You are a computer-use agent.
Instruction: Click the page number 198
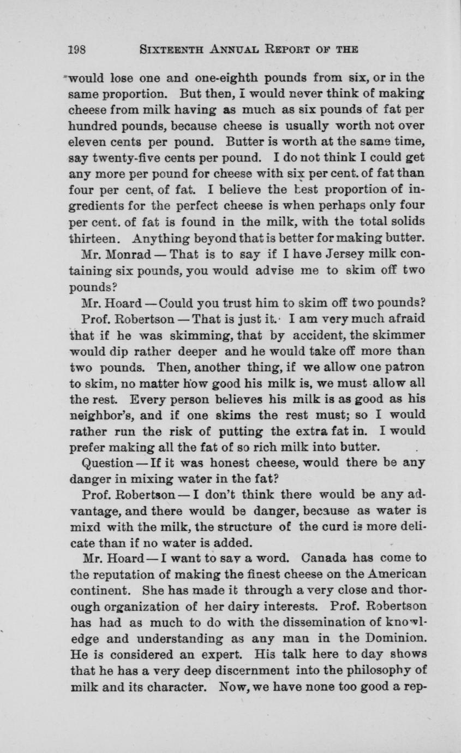[x=77, y=50]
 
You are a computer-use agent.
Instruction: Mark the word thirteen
[x=93, y=239]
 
